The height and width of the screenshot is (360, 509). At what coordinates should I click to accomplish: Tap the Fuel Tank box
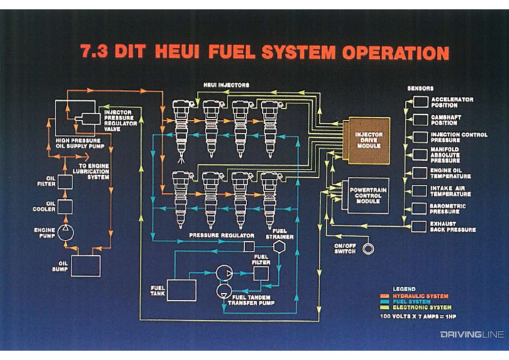pos(182,290)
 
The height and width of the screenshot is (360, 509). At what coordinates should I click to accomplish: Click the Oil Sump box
pos(85,265)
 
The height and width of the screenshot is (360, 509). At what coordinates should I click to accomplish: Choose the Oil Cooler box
pos(66,206)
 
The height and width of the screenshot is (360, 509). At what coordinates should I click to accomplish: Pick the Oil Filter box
pos(66,179)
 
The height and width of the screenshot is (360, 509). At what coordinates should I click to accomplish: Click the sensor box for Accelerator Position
pos(421,101)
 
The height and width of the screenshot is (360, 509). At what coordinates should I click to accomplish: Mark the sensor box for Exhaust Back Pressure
pos(421,227)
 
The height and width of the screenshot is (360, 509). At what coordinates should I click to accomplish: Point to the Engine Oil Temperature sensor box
pos(421,173)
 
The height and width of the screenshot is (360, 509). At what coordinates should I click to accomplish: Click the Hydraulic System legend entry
pos(420,296)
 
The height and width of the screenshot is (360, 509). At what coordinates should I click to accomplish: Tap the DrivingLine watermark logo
pos(472,334)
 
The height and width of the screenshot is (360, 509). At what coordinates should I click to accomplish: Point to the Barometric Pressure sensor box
pos(421,209)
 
